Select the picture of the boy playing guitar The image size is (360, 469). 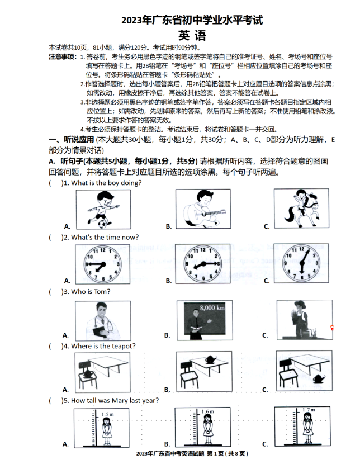point(202,208)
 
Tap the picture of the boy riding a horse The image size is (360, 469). point(300,208)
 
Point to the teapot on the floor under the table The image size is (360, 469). point(318,378)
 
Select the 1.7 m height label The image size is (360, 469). point(308,410)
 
